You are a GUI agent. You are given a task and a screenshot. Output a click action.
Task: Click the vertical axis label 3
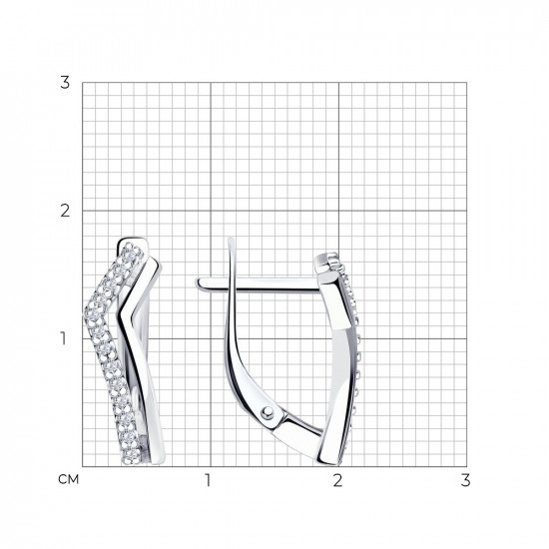pyautogui.click(x=65, y=83)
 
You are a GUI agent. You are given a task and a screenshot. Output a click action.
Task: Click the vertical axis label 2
pyautogui.click(x=65, y=211)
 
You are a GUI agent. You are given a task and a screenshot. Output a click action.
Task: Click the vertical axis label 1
pyautogui.click(x=63, y=338)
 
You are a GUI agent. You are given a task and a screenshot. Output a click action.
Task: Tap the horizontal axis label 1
pyautogui.click(x=208, y=480)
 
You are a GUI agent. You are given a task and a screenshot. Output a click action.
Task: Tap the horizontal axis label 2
pyautogui.click(x=337, y=480)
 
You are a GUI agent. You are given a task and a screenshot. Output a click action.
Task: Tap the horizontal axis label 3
pyautogui.click(x=465, y=480)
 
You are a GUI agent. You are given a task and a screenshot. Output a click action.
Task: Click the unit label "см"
pyautogui.click(x=69, y=480)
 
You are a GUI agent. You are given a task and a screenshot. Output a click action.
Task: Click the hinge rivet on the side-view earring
pyautogui.click(x=268, y=413)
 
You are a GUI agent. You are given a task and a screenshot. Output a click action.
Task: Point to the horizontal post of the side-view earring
pyautogui.click(x=259, y=283)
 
